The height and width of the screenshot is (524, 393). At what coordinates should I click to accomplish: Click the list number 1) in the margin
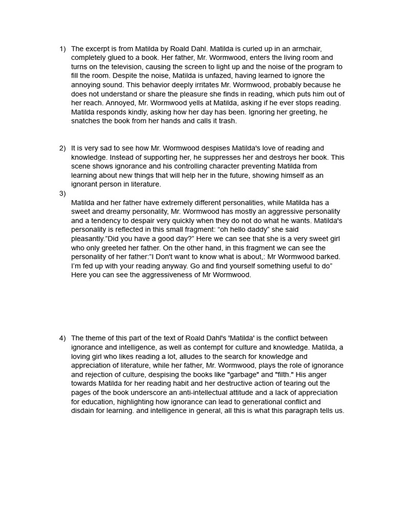[62, 49]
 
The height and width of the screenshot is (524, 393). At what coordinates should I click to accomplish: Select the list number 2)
[62, 148]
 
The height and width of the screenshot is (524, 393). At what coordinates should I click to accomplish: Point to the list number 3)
[62, 193]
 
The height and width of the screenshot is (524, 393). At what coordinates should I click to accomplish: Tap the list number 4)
[62, 338]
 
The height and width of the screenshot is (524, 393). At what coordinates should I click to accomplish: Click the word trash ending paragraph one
[226, 121]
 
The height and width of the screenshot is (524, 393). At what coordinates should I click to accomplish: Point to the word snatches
[86, 121]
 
